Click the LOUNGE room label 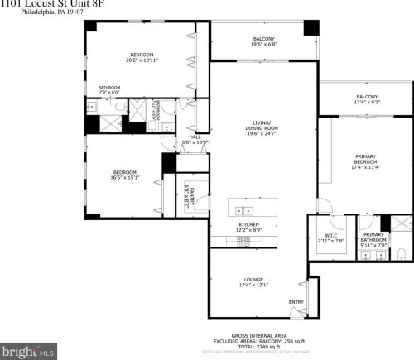click(x=253, y=281)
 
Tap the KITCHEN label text click(x=250, y=225)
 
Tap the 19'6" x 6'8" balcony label click(x=264, y=41)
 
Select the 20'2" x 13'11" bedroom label click(x=142, y=58)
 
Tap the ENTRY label click(x=296, y=301)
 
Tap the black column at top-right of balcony click(x=310, y=26)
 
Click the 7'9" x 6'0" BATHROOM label click(x=109, y=89)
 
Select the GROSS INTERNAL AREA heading click(x=261, y=335)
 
